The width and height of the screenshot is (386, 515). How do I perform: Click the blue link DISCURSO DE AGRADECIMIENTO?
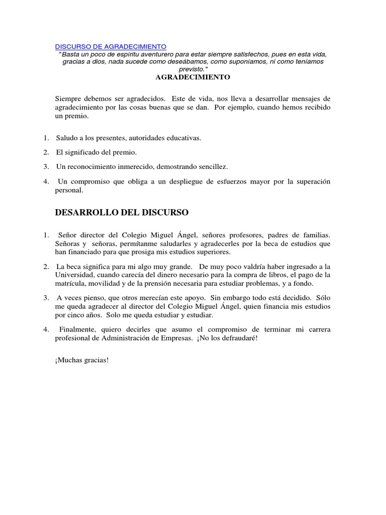(x=110, y=47)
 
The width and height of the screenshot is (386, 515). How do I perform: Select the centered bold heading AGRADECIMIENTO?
(x=192, y=77)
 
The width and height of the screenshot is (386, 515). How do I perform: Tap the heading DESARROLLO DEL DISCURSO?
(x=122, y=213)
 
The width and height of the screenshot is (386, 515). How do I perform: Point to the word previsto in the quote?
(x=191, y=69)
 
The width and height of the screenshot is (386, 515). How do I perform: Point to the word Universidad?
(x=73, y=275)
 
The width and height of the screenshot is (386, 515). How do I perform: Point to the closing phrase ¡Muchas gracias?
(x=82, y=361)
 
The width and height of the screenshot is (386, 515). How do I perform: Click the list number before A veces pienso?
(x=45, y=298)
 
